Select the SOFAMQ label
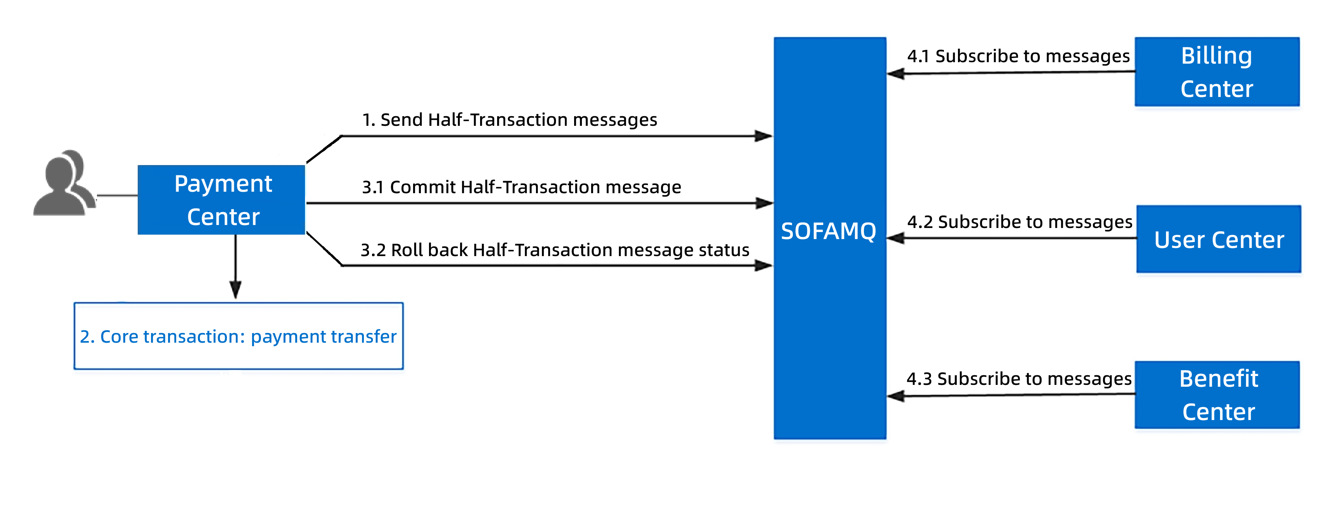coord(829,231)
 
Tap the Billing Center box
coord(1217,72)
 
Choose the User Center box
coord(1219,239)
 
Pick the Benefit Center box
coord(1217,395)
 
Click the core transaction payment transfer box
coord(239,336)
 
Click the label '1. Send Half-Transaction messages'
coord(510,120)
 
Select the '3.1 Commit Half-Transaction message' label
coord(522,187)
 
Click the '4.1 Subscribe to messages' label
coord(1018,56)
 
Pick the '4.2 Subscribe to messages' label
coord(1020,222)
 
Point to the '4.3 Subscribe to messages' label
coord(1019,379)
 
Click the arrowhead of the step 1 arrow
coord(764,136)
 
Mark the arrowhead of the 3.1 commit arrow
coord(765,203)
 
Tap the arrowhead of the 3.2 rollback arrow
coord(764,266)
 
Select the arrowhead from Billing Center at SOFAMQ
coord(896,74)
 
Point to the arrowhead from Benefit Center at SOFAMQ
coord(896,396)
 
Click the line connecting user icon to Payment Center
coord(117,196)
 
